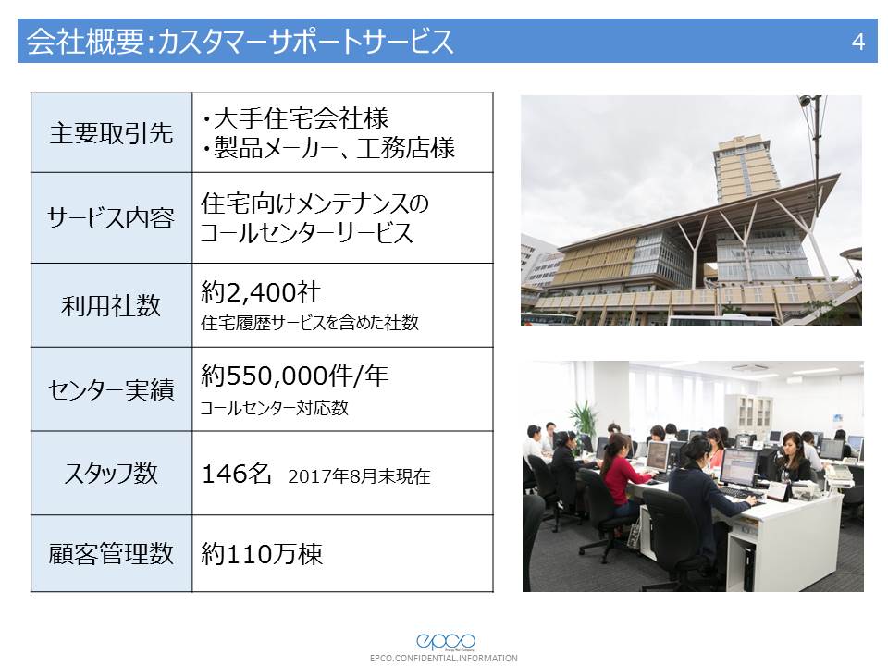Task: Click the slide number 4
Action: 858,42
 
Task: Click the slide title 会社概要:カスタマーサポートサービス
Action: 240,42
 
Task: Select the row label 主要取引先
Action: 111,133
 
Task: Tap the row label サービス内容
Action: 111,217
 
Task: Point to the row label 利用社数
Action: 111,305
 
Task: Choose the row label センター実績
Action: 111,389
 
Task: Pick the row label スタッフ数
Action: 111,473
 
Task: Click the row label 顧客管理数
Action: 111,553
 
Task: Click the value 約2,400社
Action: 261,292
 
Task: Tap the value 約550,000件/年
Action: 294,376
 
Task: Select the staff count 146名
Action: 236,474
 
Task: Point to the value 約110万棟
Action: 262,554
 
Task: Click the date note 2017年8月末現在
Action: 359,476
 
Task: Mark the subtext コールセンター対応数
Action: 274,407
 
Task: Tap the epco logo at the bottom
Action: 446,641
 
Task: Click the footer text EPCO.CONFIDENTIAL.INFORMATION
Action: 443,658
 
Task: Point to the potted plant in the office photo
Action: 584,420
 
